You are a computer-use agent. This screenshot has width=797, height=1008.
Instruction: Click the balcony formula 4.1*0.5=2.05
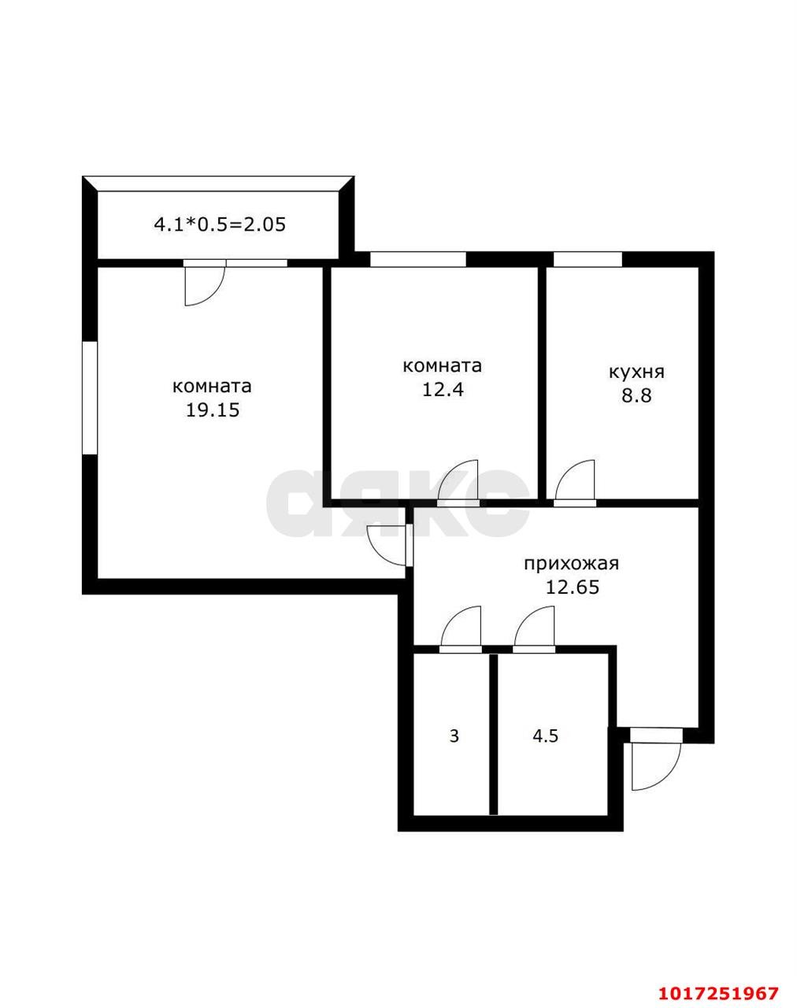click(220, 224)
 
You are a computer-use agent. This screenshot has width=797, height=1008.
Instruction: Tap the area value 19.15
click(213, 409)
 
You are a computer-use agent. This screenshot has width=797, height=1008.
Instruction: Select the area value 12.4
click(443, 389)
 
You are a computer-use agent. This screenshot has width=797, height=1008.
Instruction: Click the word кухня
click(637, 372)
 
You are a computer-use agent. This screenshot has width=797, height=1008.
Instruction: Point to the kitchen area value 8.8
click(637, 395)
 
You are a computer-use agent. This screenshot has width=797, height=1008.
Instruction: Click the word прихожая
click(572, 565)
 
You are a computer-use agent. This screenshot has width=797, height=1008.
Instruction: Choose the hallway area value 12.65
click(573, 587)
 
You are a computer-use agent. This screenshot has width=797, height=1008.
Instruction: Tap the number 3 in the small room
click(454, 736)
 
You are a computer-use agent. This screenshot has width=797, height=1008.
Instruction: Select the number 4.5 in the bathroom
click(546, 736)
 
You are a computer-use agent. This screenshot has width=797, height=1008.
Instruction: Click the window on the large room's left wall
click(89, 398)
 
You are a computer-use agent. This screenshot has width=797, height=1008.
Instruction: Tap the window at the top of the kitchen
click(588, 259)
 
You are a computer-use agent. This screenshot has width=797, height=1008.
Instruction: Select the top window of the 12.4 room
click(418, 259)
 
